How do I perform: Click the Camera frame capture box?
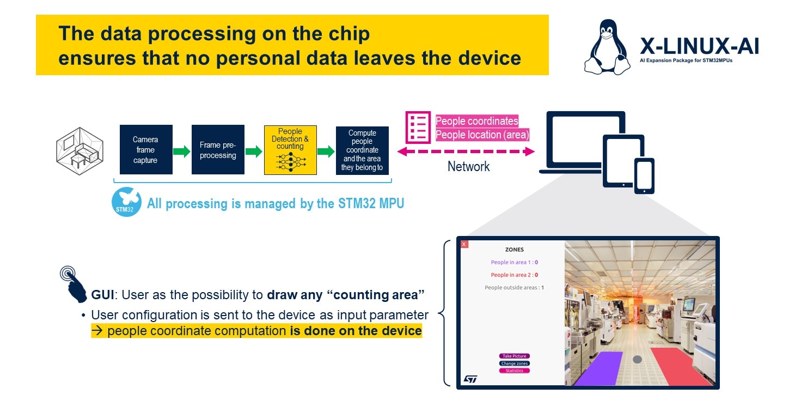tap(146, 149)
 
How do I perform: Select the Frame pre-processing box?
tap(218, 149)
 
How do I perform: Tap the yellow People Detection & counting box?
tap(290, 150)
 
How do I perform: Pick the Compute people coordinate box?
tap(362, 150)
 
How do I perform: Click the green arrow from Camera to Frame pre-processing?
tap(182, 152)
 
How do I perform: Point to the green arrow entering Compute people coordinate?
tap(326, 152)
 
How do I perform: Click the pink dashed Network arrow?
tap(466, 152)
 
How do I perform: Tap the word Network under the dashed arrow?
tap(468, 166)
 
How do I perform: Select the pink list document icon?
tap(418, 127)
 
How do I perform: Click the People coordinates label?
tap(476, 121)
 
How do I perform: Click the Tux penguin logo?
tap(607, 47)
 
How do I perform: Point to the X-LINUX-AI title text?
tap(699, 46)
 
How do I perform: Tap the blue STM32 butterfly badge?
tap(126, 202)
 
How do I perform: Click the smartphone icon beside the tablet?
tap(644, 176)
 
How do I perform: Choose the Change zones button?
tap(514, 363)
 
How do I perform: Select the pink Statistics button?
tap(514, 371)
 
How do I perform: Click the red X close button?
tap(464, 244)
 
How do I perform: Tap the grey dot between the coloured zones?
tap(638, 360)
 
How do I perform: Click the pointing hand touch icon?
tap(74, 284)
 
